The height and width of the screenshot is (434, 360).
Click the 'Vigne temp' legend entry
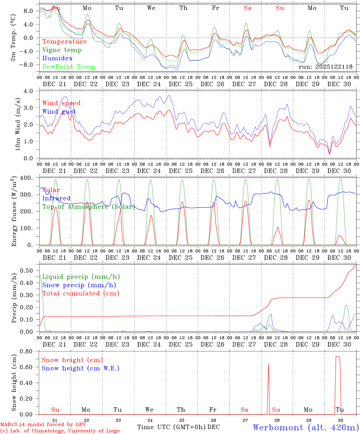pos(62,50)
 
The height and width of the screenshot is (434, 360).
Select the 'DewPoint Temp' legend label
pos(69,67)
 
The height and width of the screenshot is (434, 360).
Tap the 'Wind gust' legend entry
pos(59,112)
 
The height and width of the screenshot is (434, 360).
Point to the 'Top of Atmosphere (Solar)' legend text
pos(89,207)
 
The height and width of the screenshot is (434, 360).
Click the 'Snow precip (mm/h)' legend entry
pos(79,285)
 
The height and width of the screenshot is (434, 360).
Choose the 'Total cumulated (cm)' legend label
pos(81,294)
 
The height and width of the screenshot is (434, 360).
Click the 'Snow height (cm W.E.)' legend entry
pos(81,368)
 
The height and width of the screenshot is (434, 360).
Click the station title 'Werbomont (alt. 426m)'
pos(306,427)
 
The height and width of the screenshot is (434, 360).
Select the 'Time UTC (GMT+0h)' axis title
pos(172,427)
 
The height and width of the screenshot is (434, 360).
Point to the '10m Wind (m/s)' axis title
pos(17,124)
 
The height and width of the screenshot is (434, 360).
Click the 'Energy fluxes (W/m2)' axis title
pos(14,212)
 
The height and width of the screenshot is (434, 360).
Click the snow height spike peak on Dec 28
pos(268,364)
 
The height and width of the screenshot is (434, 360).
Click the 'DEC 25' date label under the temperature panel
pos(181,84)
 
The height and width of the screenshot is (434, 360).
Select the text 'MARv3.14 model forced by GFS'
pos(43,425)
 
